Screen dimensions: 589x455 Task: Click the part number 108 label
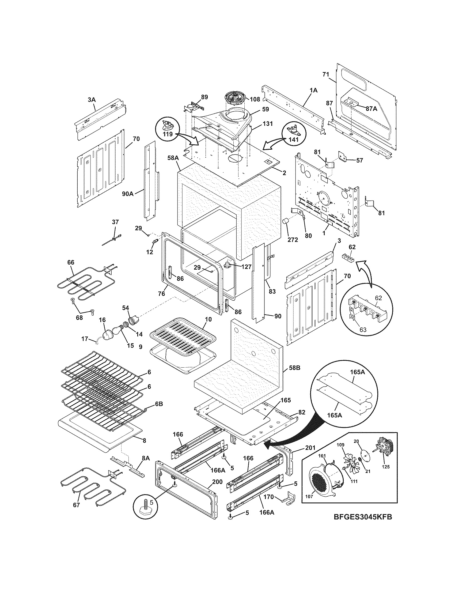pos(255,99)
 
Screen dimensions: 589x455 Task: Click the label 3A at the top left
pos(92,100)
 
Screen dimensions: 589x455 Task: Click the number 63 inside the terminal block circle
pos(363,329)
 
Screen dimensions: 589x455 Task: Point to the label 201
pos(310,448)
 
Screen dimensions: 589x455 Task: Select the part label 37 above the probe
pos(115,222)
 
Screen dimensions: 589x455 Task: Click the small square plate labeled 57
pos(343,156)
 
